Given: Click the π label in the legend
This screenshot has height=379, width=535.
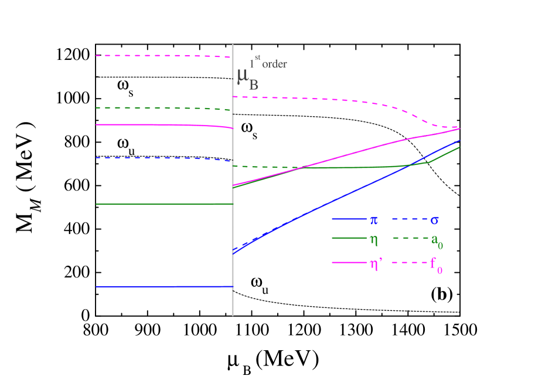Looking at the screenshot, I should (x=373, y=220).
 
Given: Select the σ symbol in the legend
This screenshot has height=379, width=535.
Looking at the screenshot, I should (x=435, y=221).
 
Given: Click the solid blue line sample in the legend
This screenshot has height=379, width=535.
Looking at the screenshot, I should (x=349, y=219).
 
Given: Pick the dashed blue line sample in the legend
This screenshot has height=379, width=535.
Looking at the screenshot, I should (x=408, y=219).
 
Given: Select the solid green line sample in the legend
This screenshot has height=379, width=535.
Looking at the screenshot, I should (x=349, y=238).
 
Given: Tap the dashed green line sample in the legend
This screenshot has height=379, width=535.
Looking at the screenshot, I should (x=408, y=238).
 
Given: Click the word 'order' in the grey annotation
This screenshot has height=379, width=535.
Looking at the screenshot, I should (x=274, y=65).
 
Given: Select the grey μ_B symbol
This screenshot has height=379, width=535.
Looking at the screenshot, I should (x=247, y=78).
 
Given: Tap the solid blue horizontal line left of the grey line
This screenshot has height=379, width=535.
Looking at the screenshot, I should (x=164, y=286).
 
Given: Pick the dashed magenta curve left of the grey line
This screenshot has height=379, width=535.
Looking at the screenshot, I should (x=164, y=56).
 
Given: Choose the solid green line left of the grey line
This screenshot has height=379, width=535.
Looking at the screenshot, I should (x=164, y=204).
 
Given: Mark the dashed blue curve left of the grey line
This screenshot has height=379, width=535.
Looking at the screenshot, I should (x=164, y=158).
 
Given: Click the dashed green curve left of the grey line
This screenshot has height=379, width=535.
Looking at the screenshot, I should (x=164, y=108).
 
